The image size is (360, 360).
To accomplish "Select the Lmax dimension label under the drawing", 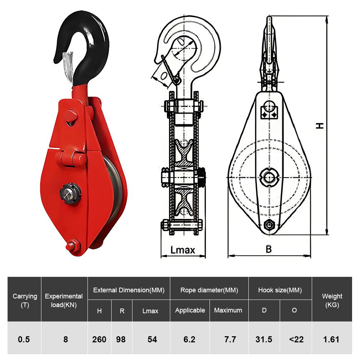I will click(183, 250).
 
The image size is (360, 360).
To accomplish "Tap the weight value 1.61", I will click(332, 339).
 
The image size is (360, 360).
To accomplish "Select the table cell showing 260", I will click(99, 339).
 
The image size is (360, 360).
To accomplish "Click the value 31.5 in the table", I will click(264, 339).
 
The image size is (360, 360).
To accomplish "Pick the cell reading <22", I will click(296, 339).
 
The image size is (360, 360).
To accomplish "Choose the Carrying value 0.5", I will click(24, 339).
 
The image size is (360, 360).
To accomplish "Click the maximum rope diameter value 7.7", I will click(230, 339).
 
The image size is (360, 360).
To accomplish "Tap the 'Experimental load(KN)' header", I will click(64, 300).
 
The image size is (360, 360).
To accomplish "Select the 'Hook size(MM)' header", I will click(280, 290).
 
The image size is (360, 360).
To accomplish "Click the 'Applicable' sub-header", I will click(190, 310).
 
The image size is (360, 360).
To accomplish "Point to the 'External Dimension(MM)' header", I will click(129, 290).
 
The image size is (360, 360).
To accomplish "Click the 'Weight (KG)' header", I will click(332, 300).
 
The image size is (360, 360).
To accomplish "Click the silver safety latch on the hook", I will click(68, 65).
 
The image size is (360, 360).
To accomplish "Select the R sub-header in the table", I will click(122, 310).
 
